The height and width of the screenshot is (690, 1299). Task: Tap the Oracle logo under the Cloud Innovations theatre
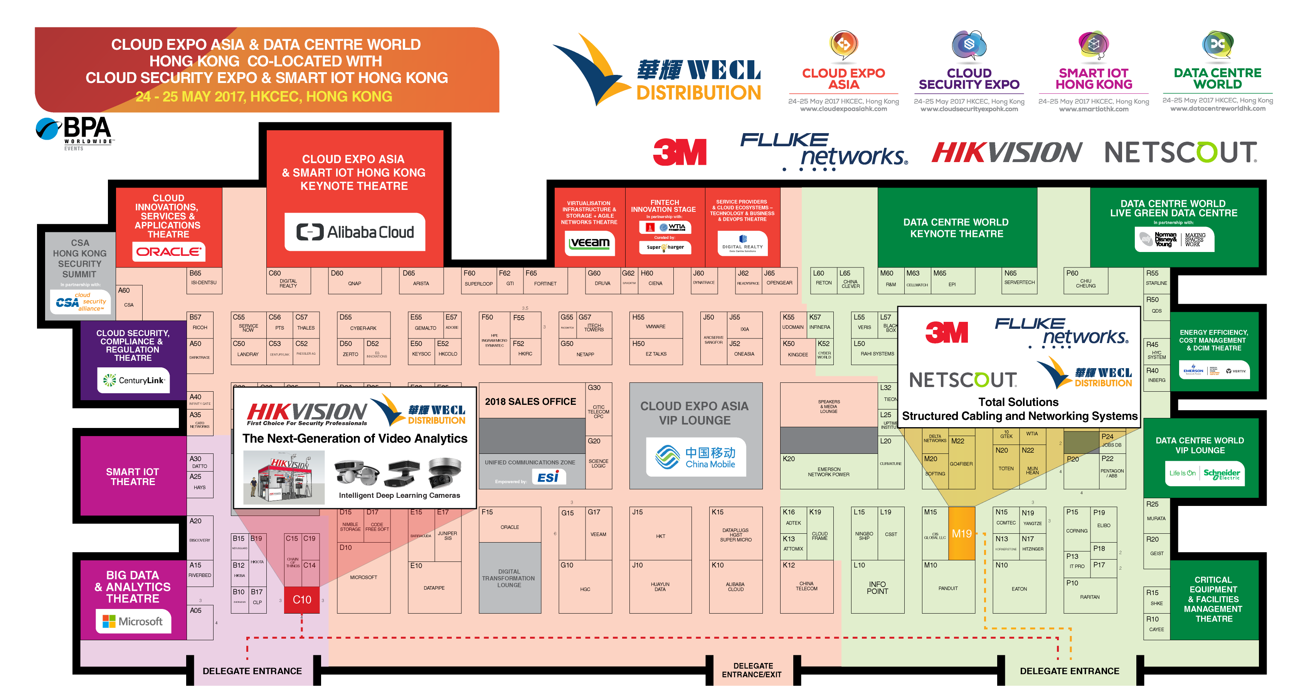(x=168, y=251)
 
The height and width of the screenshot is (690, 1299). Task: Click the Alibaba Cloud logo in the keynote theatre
(x=355, y=232)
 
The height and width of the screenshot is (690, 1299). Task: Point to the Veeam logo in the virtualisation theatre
(x=589, y=243)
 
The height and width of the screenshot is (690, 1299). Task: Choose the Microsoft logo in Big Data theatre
(x=133, y=621)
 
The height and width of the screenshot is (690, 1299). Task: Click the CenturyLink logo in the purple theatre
(x=134, y=380)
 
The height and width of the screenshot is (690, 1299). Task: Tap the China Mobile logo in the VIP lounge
(x=695, y=457)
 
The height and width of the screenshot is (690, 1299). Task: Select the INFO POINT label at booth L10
(x=877, y=587)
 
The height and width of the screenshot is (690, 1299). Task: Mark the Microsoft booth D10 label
(x=363, y=577)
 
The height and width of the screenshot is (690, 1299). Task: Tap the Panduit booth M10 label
(x=947, y=588)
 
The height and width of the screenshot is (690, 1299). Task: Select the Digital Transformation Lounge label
(x=509, y=578)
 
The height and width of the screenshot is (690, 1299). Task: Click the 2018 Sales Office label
(x=530, y=402)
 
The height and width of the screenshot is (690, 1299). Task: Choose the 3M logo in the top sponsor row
(x=679, y=152)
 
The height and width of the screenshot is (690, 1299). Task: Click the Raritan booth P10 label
(x=1089, y=597)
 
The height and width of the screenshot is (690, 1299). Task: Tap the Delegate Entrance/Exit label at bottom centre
(x=751, y=670)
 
